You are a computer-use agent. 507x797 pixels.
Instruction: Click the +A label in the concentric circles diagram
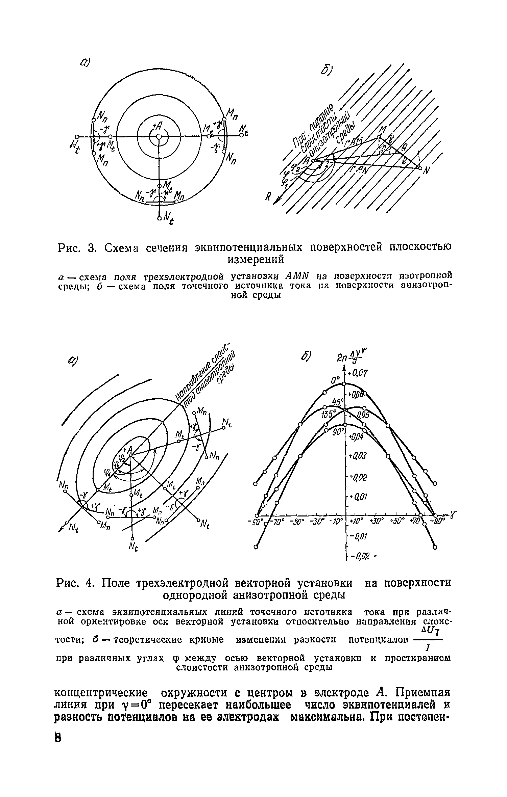coord(158,126)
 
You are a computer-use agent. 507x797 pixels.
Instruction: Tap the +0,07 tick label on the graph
coord(356,373)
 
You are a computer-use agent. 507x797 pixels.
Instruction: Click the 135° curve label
coord(328,414)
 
